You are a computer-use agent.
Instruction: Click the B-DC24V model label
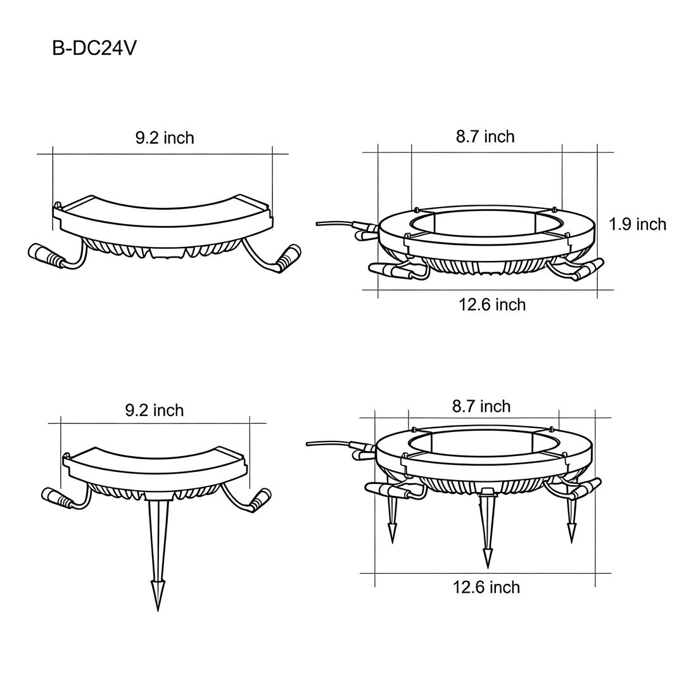(x=94, y=49)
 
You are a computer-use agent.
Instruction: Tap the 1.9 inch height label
(x=637, y=224)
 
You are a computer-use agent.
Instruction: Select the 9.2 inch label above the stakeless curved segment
(x=165, y=137)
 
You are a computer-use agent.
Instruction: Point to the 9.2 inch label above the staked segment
(x=155, y=410)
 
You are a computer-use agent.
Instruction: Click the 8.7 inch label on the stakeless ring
(x=485, y=136)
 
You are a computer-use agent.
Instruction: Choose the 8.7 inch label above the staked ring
(x=481, y=406)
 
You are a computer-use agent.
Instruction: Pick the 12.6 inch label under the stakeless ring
(x=492, y=305)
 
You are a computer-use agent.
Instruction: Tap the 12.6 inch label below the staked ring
(x=486, y=587)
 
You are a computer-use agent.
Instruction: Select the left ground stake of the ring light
(x=393, y=519)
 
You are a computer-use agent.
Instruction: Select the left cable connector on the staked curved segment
(x=55, y=498)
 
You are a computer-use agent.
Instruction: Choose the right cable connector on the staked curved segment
(x=260, y=499)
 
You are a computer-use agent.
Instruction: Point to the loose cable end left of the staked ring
(x=308, y=443)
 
